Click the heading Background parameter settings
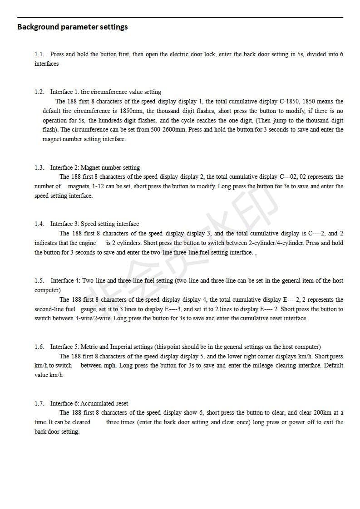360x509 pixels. [x=72, y=27]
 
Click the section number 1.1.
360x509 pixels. [x=39, y=54]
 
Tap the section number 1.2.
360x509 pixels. [x=39, y=92]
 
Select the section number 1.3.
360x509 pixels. [x=39, y=167]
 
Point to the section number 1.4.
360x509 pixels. [x=39, y=224]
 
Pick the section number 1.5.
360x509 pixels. [x=39, y=280]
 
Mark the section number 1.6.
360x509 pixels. [x=39, y=347]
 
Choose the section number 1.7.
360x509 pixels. [x=39, y=403]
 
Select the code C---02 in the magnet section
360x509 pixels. [x=289, y=176]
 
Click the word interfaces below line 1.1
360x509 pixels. [x=46, y=64]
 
